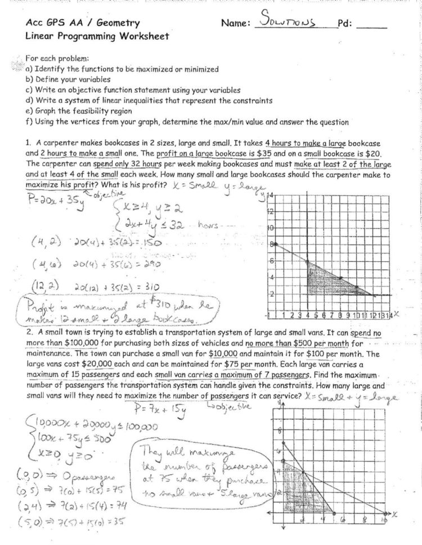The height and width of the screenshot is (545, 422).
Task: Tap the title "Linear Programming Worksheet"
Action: point(97,36)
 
